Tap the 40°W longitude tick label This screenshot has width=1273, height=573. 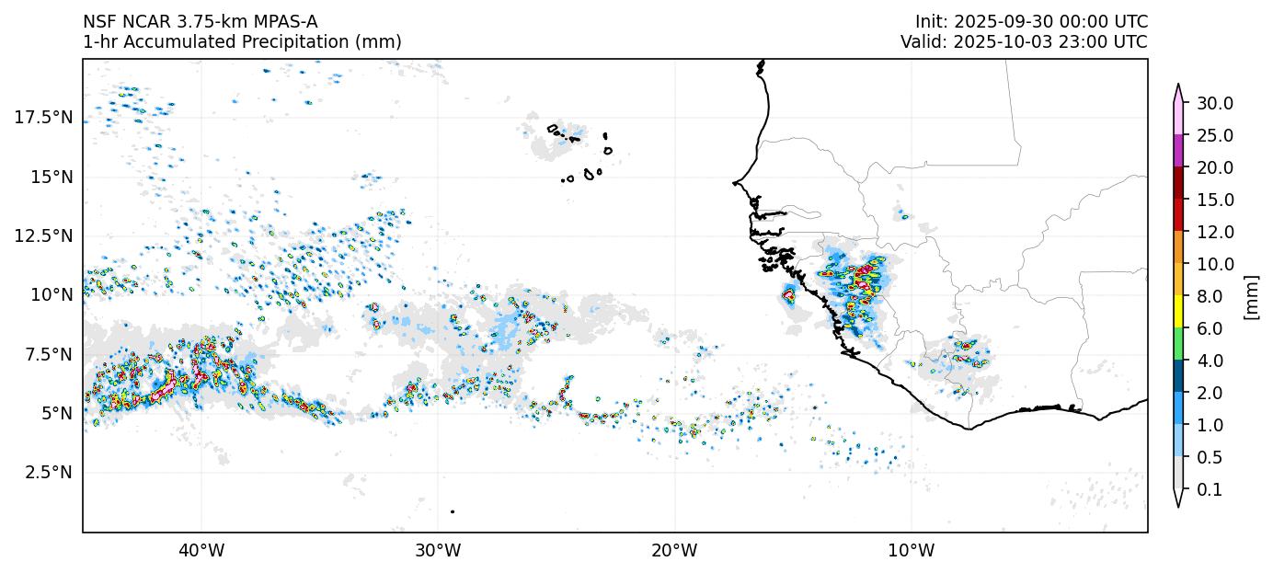pos(201,551)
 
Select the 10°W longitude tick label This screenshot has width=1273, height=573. pos(912,551)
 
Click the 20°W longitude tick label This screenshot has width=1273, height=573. pos(674,551)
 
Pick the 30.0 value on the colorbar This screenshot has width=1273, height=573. pos(1215,103)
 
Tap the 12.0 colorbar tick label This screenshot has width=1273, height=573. pos(1215,232)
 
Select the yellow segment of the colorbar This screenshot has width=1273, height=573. pos(1178,312)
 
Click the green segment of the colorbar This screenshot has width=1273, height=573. pos(1178,344)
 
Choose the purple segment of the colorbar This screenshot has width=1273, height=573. pos(1178,151)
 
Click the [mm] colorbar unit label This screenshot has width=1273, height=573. pos(1251,296)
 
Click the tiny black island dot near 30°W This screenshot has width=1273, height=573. pos(453,511)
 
